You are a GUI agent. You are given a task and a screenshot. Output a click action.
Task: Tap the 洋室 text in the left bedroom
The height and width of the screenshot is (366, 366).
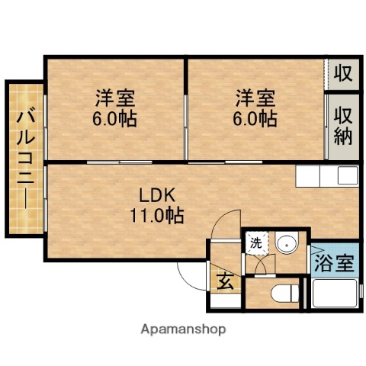(114, 98)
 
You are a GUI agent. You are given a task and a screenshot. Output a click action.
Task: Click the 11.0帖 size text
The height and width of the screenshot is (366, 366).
(156, 214)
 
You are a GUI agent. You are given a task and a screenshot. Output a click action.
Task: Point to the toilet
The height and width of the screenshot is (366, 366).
(283, 294)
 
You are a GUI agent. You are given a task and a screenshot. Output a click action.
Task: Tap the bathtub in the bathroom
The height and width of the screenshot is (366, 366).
(334, 294)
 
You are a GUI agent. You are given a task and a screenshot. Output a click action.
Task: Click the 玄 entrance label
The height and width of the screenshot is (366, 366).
(226, 280)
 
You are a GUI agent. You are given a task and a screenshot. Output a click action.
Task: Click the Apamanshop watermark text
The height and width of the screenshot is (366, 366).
(182, 329)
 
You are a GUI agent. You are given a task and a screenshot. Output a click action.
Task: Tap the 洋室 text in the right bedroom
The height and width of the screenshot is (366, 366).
(255, 98)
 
